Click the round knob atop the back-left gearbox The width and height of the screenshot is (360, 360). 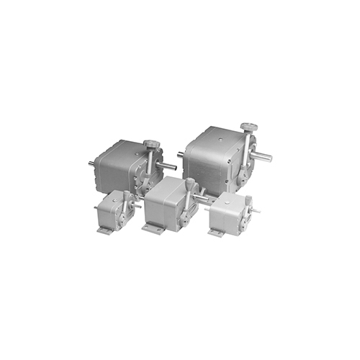[152, 145]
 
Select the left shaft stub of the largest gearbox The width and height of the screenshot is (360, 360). [181, 153]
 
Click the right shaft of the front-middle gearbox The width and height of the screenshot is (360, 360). [202, 195]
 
